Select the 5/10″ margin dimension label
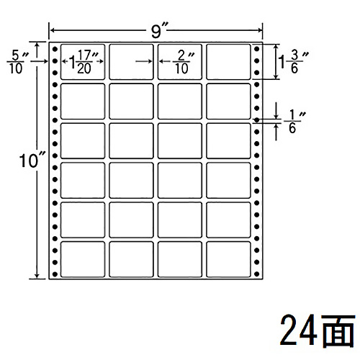[x=17, y=62]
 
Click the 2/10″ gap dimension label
[x=183, y=62]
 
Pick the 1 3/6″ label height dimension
[x=292, y=62]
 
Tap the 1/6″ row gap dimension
[x=294, y=122]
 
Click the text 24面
[x=318, y=330]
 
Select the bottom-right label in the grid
[x=228, y=259]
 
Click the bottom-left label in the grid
[x=83, y=259]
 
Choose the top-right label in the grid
[x=228, y=62]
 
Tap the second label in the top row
[x=131, y=62]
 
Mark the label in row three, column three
[x=179, y=140]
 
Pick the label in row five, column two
[x=131, y=220]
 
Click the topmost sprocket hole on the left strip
[x=55, y=49]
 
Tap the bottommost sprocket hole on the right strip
[x=256, y=274]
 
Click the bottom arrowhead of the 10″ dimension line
[x=37, y=276]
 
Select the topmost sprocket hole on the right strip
[x=256, y=49]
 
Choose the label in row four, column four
[x=228, y=180]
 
